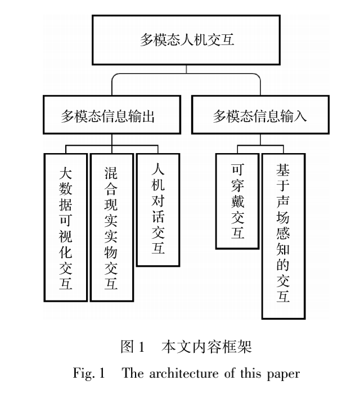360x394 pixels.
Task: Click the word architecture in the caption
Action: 184,373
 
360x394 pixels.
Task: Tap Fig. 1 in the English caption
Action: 89,373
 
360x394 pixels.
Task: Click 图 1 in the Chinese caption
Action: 133,347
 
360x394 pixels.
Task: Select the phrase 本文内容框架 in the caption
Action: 206,347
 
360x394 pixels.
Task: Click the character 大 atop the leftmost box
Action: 65,173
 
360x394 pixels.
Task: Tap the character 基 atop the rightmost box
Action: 283,170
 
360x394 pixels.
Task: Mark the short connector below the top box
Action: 186,69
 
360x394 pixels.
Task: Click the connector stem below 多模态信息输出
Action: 112,140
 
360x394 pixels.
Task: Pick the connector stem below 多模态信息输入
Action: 260,140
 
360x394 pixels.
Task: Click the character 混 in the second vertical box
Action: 111,173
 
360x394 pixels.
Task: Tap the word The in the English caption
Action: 133,373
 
